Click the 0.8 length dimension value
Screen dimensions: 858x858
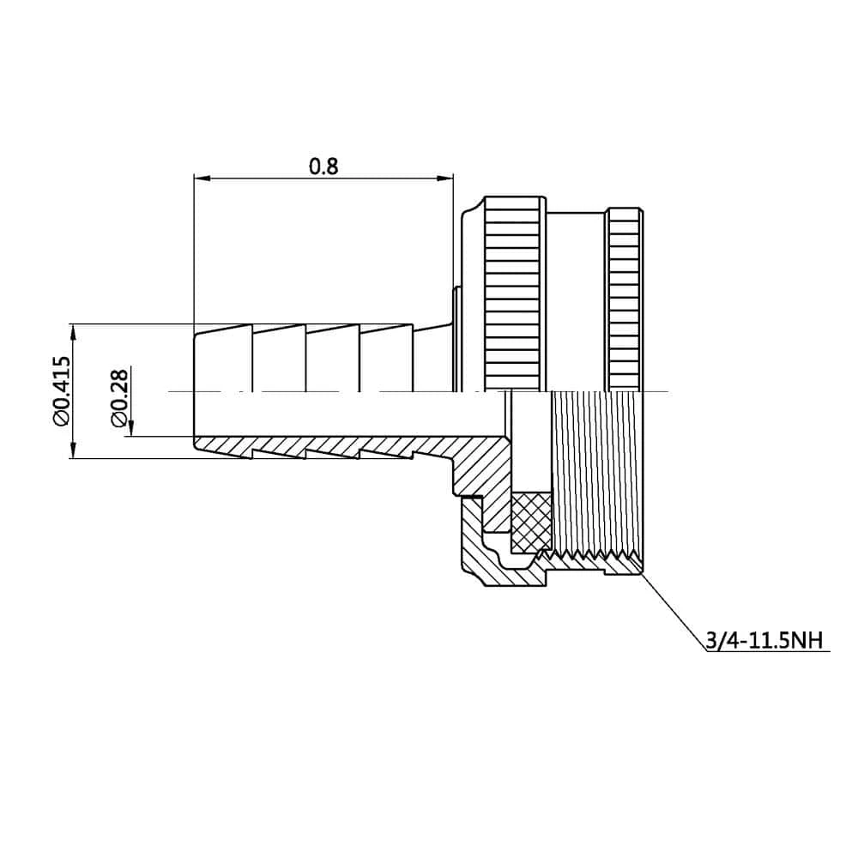323,166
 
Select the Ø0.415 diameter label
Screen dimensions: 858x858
61,390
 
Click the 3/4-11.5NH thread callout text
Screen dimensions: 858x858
763,640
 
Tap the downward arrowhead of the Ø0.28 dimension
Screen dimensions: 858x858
131,429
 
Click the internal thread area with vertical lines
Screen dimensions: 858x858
595,472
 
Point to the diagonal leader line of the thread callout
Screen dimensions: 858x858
673,613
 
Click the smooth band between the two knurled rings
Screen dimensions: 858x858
575,300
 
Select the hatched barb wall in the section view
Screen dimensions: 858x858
343,446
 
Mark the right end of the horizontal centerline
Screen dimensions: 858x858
667,392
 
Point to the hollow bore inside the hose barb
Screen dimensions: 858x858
343,415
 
